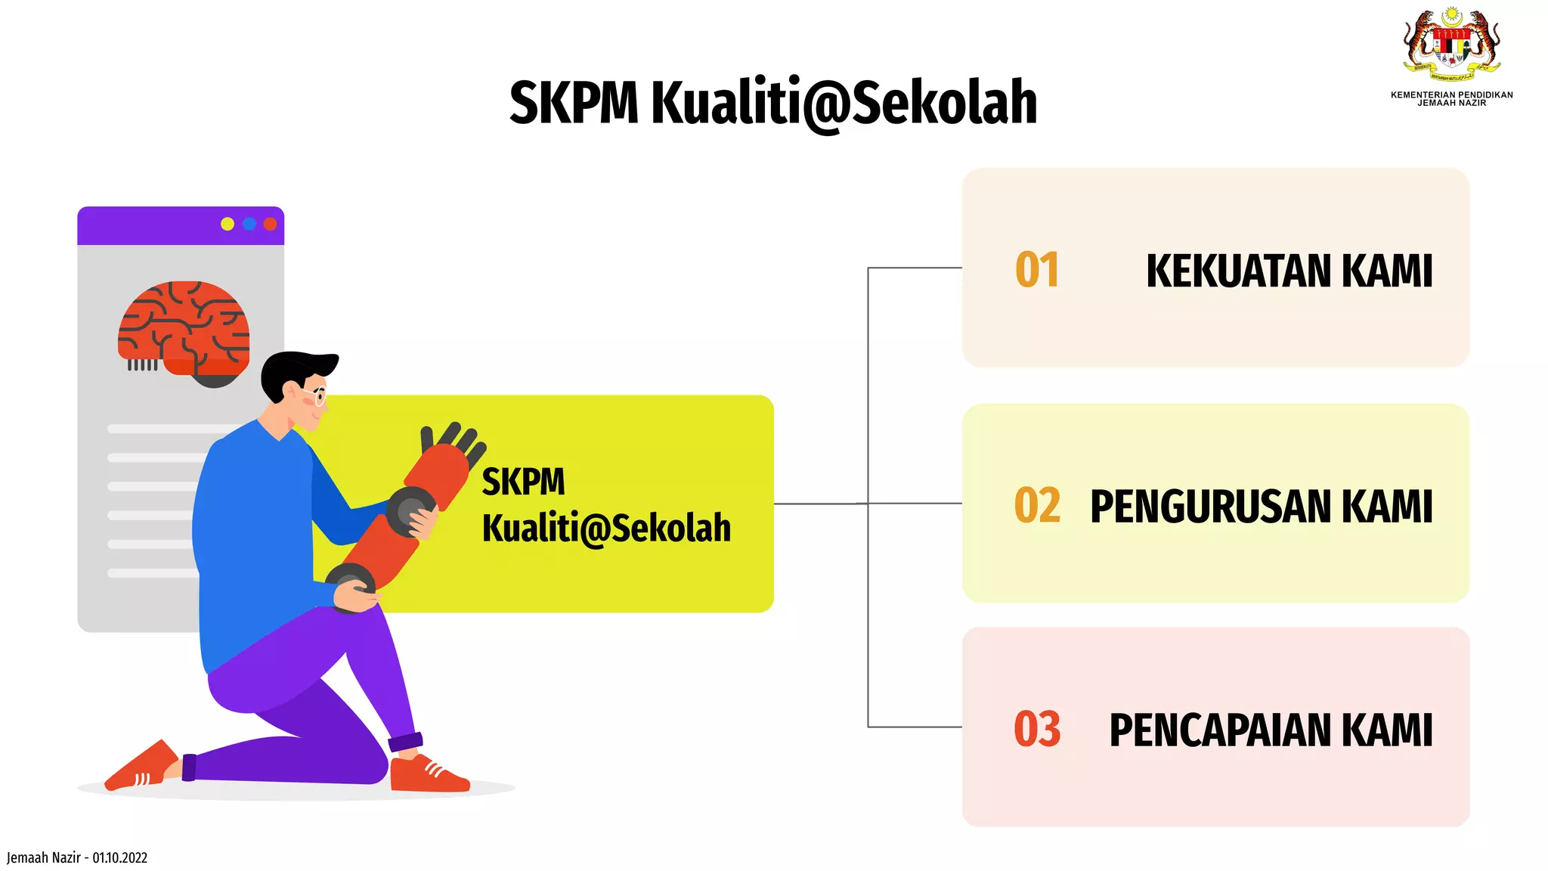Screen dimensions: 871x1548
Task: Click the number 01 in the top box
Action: [1037, 270]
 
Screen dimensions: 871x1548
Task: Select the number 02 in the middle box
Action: [1037, 506]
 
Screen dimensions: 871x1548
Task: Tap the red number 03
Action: [1037, 730]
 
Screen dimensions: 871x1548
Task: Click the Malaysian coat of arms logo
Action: [1451, 44]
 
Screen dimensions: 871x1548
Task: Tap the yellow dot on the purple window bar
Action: [228, 224]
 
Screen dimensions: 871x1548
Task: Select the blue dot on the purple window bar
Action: [249, 224]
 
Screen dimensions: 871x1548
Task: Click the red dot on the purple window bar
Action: [270, 224]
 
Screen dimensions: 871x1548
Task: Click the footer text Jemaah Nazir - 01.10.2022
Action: [77, 857]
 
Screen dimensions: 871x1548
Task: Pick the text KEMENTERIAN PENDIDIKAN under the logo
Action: [1451, 95]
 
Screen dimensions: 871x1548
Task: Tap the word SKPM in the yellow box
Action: [523, 482]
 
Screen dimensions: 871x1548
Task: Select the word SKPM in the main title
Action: [574, 103]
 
